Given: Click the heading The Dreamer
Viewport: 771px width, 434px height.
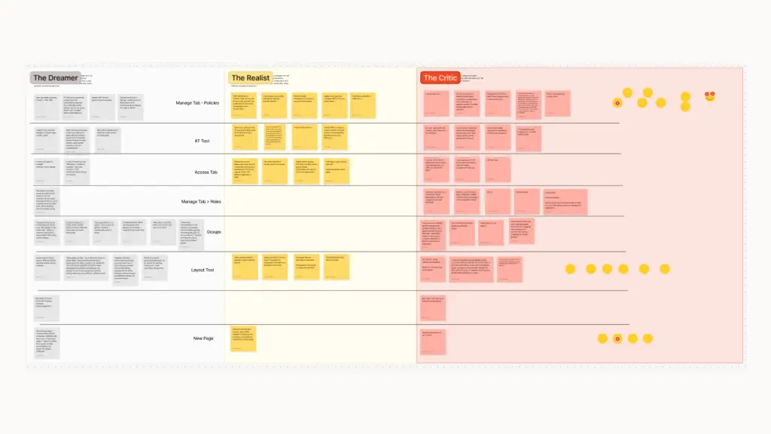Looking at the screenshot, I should coord(55,78).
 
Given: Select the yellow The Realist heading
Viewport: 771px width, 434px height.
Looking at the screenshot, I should coord(250,78).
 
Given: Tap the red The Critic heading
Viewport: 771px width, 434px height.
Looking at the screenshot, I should coord(440,78).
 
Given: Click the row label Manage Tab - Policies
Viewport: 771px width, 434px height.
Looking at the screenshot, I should coord(197,102).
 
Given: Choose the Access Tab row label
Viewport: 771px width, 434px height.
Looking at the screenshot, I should coord(206,172).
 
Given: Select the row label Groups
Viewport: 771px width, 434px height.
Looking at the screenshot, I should coord(214,231).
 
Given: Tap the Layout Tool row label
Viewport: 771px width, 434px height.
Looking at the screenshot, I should coord(203,270).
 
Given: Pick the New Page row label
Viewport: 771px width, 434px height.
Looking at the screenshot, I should coord(203,338).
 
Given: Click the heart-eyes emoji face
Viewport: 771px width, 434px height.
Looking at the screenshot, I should coord(710,96).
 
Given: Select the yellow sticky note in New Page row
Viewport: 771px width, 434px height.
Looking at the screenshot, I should coord(243,339).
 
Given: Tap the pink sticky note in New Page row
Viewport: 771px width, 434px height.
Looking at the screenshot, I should coord(433,341).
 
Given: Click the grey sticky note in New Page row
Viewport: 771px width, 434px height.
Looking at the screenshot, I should coord(47,344).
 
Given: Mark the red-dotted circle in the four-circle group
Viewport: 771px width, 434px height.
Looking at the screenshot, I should coord(617,339).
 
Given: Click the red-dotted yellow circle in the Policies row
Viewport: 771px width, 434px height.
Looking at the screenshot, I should coord(617,102).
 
